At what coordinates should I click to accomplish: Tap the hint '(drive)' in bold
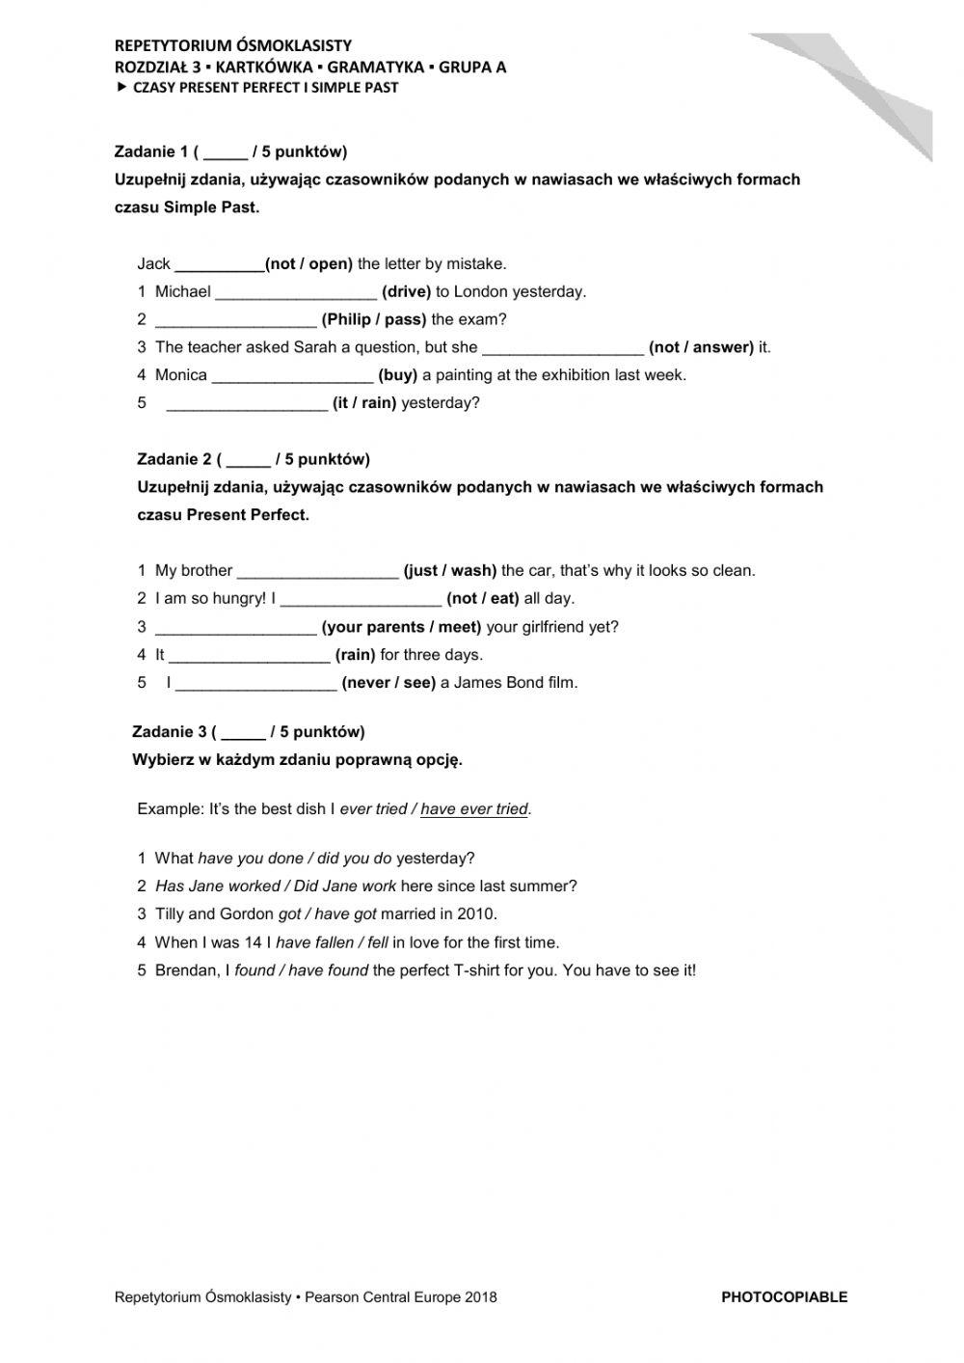point(406,291)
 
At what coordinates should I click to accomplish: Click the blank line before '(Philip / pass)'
point(235,320)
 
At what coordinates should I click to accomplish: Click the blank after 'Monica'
point(292,376)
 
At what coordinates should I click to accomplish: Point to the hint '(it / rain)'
point(364,403)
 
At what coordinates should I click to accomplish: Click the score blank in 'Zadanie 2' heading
point(249,460)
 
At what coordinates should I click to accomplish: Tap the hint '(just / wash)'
point(449,571)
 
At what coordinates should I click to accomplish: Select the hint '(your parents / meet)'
point(401,627)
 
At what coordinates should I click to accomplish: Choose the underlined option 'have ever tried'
point(474,809)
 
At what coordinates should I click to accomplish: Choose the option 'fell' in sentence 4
point(378,942)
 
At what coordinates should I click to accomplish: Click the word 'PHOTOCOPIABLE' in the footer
point(784,1297)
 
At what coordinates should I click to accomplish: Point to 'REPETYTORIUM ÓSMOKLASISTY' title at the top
point(232,45)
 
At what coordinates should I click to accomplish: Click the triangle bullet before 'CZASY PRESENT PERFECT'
point(120,87)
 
